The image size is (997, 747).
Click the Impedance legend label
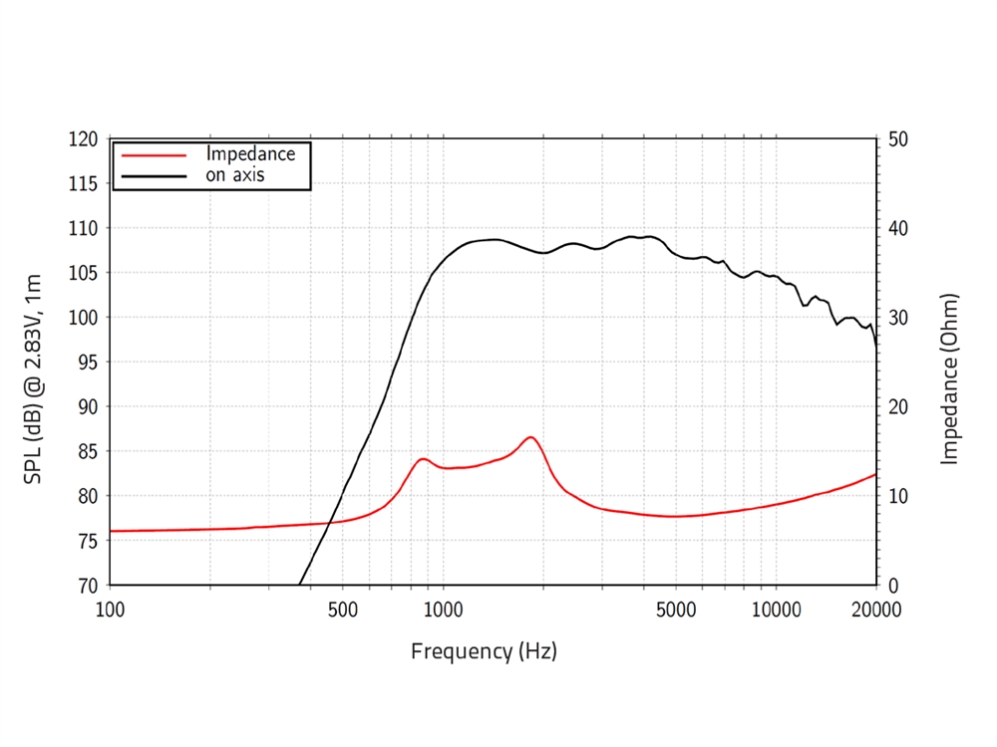point(250,154)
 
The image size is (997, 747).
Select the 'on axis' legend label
point(235,175)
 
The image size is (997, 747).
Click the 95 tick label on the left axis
point(87,363)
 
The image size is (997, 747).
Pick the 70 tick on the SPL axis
point(87,586)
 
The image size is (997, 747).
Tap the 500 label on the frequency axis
point(342,609)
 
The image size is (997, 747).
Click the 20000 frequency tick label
point(874,609)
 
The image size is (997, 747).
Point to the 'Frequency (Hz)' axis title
point(484,652)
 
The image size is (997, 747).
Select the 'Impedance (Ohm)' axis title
point(949,378)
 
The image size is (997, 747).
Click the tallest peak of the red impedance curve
point(530,437)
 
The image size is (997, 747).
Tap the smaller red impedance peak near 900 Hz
point(423,459)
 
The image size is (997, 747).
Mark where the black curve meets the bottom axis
point(299,585)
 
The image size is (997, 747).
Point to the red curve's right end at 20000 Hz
point(875,474)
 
